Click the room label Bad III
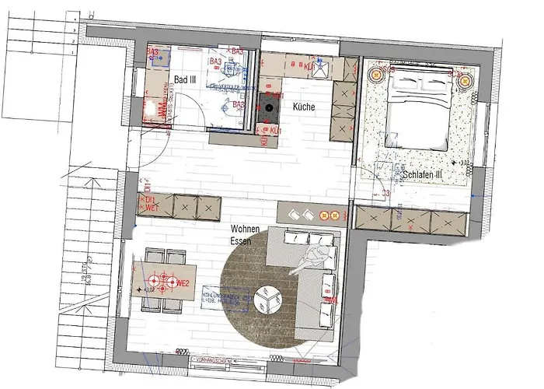pyautogui.click(x=183, y=79)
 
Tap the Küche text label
pyautogui.click(x=304, y=107)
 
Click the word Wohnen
pyautogui.click(x=244, y=230)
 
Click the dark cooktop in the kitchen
pyautogui.click(x=269, y=110)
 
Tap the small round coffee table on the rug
pyautogui.click(x=269, y=296)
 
